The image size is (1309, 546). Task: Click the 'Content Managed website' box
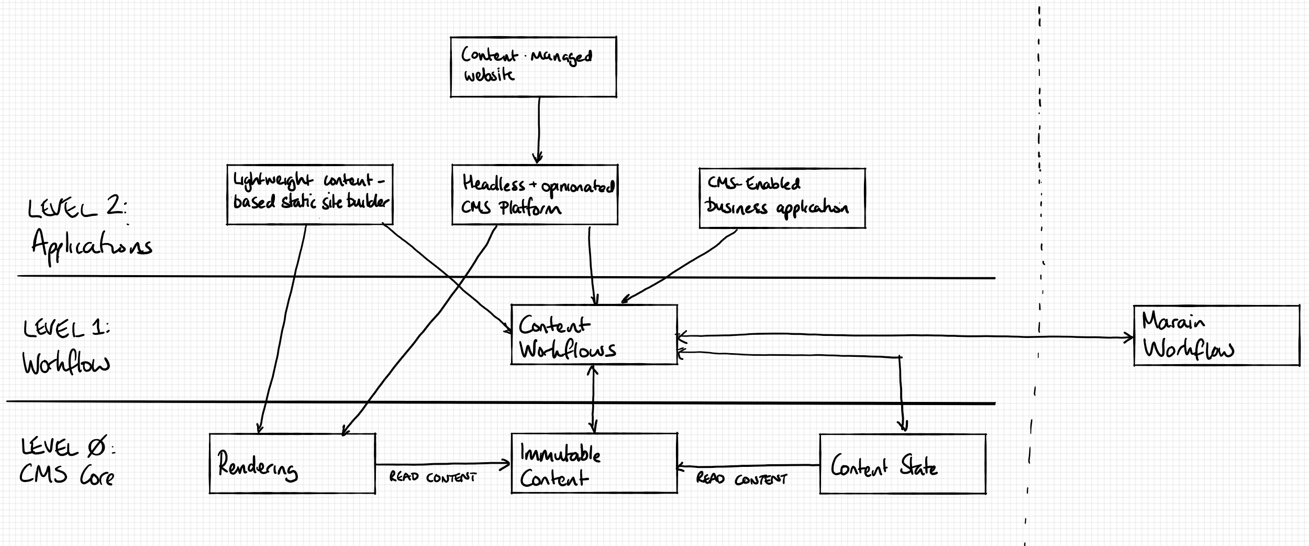point(533,67)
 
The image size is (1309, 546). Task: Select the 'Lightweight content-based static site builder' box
point(309,194)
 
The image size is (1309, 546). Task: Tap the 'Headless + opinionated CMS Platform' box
point(535,195)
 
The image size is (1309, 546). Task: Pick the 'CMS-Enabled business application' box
point(782,198)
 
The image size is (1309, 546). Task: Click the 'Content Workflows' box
point(594,334)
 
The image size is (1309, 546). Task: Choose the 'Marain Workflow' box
point(1216,335)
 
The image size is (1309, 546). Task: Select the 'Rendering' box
point(292,463)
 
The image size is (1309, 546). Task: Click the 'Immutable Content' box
point(594,463)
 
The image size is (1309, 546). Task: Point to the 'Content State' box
point(902,464)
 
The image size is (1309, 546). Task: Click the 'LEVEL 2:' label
point(76,209)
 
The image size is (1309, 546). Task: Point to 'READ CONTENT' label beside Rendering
point(432,477)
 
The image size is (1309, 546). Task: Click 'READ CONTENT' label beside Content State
point(741,479)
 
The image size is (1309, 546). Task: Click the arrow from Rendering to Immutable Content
point(442,464)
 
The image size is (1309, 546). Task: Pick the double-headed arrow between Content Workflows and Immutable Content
point(593,398)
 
